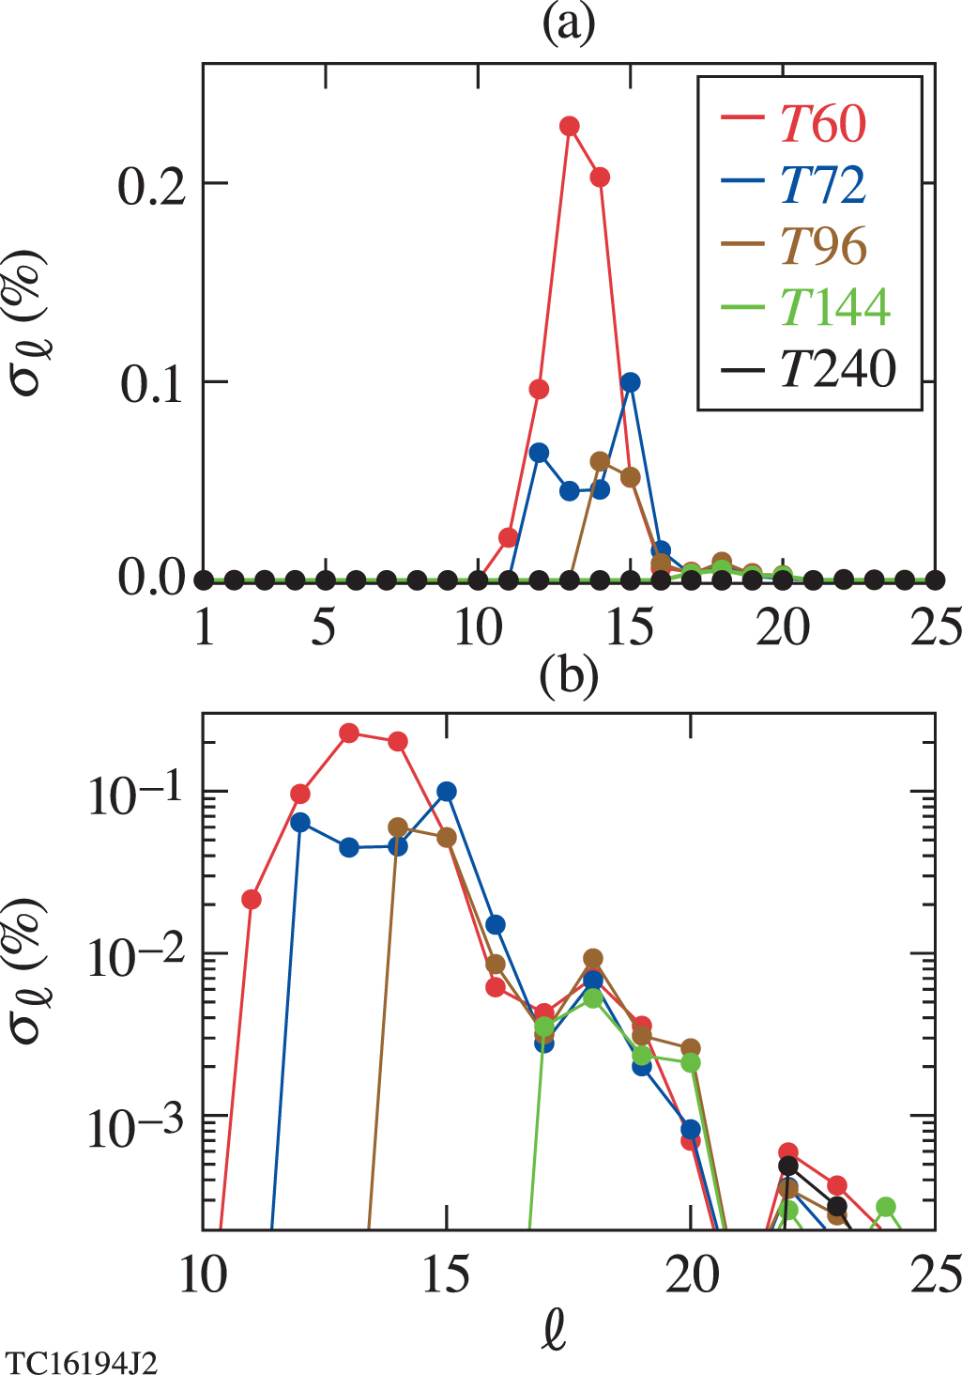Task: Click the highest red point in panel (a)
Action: (570, 126)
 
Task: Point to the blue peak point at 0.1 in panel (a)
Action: (631, 381)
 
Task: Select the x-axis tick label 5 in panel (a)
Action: (324, 626)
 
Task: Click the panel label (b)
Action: (569, 677)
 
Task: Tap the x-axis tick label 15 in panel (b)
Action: (447, 1275)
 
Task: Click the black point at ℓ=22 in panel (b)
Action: (788, 1166)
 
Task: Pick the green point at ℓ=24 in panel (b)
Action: (885, 1207)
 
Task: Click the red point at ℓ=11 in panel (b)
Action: (251, 899)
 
